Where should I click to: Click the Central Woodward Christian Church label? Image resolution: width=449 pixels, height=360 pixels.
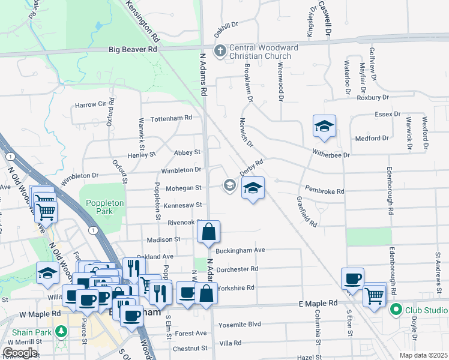tap(259, 52)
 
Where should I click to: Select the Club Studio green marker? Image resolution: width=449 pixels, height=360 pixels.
tap(396, 310)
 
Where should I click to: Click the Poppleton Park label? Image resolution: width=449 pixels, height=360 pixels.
tap(104, 207)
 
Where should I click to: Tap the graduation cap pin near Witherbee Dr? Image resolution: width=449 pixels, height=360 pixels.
tap(324, 127)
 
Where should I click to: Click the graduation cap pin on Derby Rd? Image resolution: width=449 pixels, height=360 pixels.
tap(253, 188)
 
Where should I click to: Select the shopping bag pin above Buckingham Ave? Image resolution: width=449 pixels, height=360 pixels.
tap(208, 232)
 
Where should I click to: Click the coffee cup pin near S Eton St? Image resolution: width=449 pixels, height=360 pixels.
tap(353, 278)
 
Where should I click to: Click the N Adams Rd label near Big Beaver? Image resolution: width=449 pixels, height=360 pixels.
tap(203, 74)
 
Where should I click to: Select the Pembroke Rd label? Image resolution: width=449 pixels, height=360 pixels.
tap(324, 191)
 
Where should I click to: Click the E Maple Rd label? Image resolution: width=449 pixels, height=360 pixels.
tap(318, 305)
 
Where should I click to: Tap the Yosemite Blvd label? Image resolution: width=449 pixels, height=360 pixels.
tap(240, 324)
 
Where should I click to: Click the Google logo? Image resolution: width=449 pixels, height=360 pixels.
tap(20, 353)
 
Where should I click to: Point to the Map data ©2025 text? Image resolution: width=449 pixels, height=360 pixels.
tap(424, 355)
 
